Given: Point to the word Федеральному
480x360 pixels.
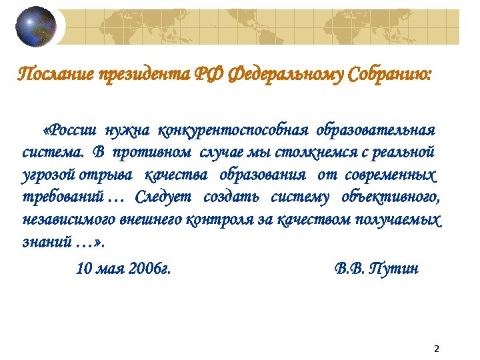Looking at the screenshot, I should click(x=279, y=73).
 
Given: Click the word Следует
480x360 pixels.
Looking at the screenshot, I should click(x=163, y=197).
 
